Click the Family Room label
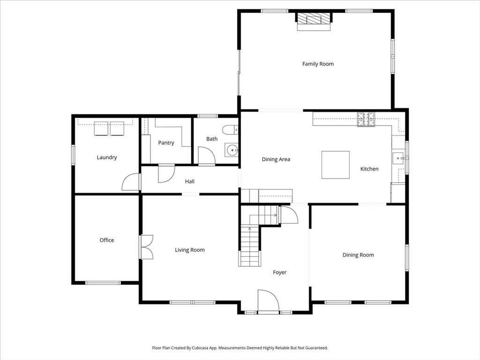point(318,64)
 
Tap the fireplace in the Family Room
point(314,20)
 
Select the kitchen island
point(335,165)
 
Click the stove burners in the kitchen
point(366,120)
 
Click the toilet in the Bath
point(231,130)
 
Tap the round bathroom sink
point(232,150)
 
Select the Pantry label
point(166,142)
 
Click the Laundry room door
point(131,182)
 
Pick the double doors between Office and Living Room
point(147,247)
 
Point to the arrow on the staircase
point(250,229)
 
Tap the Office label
point(106,240)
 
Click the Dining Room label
point(358,255)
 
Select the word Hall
point(189,181)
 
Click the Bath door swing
point(206,156)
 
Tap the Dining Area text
point(276,159)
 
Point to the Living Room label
point(190,250)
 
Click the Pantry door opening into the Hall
point(165,173)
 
